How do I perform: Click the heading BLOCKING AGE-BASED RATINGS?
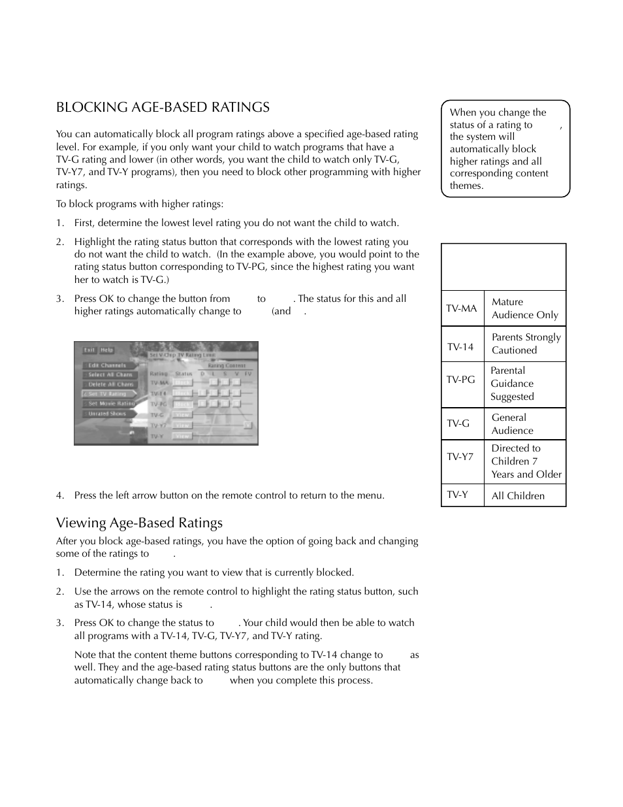click(163, 107)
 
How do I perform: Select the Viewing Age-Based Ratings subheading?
click(139, 523)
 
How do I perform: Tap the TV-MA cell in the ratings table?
click(462, 308)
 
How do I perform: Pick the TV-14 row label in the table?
click(460, 347)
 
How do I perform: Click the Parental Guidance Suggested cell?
click(512, 384)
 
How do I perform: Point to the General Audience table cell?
click(512, 424)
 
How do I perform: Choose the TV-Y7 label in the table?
click(460, 457)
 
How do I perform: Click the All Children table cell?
click(518, 496)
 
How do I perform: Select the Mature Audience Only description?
click(524, 308)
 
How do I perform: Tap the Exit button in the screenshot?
click(89, 350)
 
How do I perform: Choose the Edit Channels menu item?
click(107, 365)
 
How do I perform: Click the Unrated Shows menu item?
click(107, 414)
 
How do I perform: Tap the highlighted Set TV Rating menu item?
click(107, 394)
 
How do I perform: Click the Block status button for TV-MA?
click(183, 383)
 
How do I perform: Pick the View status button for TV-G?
click(183, 415)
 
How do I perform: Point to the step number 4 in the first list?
click(59, 495)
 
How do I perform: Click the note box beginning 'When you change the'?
click(505, 149)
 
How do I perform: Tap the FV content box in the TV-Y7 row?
click(248, 425)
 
